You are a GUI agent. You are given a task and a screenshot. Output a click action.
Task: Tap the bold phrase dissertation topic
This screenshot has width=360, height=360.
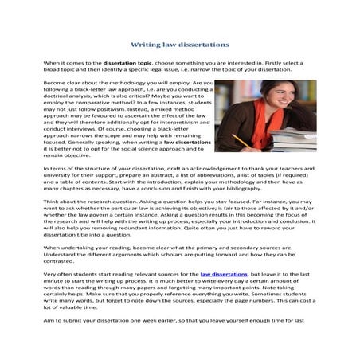(128, 61)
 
